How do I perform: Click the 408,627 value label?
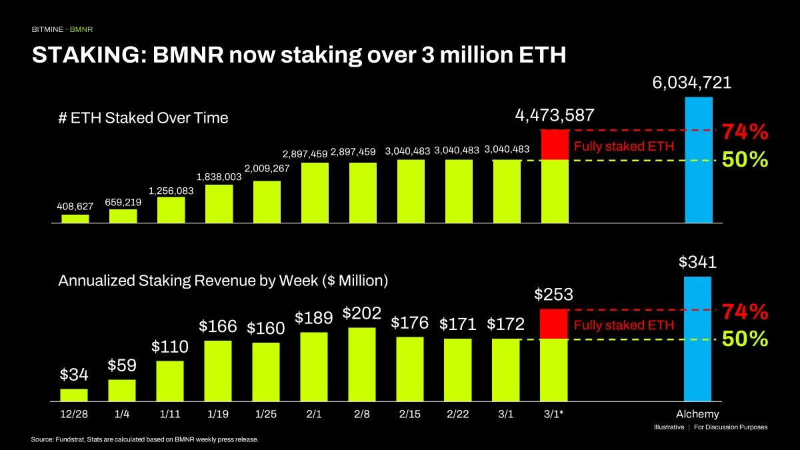[x=75, y=205]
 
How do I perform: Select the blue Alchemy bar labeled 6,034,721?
[x=698, y=159]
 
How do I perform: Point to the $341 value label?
[x=697, y=262]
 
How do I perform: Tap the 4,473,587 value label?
[x=554, y=115]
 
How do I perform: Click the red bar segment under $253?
[x=554, y=324]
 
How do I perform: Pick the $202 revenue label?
[x=362, y=313]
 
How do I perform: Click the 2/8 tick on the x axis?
[x=362, y=414]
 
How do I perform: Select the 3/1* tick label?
[x=554, y=414]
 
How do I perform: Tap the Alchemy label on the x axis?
[x=698, y=414]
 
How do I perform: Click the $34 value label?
[x=74, y=374]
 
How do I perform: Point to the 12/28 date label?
[x=74, y=414]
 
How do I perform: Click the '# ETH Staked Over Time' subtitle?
[x=143, y=118]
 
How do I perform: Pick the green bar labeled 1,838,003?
[x=219, y=203]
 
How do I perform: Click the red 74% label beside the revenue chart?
[x=745, y=311]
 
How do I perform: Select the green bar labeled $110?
[x=170, y=381]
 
